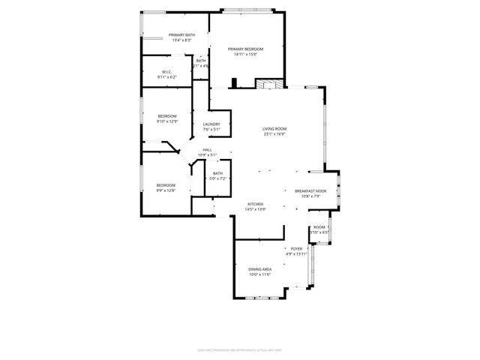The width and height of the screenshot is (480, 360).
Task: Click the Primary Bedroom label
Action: pos(245,49)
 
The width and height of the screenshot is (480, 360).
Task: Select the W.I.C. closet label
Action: pos(166,72)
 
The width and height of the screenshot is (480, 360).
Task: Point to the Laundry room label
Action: pos(211,124)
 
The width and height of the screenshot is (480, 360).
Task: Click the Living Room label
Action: pos(274,129)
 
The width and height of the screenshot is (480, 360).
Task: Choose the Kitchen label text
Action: pos(256,204)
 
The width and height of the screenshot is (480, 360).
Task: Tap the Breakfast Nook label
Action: pos(310,191)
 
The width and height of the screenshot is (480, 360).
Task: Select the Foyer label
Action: pos(297,249)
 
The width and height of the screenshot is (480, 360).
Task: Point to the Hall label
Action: pos(207,150)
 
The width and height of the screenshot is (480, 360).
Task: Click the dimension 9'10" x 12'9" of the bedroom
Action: pos(166,121)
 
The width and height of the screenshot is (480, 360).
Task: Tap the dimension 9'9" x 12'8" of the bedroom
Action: pos(166,190)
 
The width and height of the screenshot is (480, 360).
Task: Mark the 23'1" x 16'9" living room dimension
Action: pos(274,135)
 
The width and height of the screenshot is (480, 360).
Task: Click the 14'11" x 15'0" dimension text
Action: pos(245,54)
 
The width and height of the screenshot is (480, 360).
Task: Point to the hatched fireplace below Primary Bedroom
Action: pos(268,84)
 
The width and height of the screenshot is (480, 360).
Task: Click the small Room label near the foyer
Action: pos(319,226)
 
